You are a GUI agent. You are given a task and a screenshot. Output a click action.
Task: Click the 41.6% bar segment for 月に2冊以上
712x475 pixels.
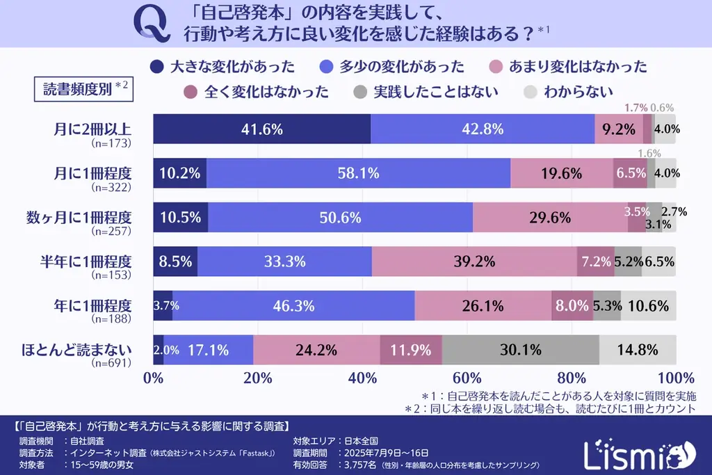click(261, 129)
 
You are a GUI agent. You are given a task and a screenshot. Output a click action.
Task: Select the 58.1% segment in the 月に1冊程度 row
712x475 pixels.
click(358, 173)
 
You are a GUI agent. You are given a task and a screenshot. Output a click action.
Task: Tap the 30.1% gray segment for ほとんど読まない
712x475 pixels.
click(520, 350)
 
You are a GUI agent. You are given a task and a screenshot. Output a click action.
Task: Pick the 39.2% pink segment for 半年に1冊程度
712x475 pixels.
click(474, 261)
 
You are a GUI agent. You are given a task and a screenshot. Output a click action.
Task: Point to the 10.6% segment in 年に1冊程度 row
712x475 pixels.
click(648, 305)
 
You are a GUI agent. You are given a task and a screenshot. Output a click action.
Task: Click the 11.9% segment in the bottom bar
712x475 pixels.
click(411, 350)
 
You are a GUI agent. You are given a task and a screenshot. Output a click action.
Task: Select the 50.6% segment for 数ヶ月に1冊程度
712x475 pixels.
click(340, 217)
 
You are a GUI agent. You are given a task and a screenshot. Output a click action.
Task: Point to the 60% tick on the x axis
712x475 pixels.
click(467, 379)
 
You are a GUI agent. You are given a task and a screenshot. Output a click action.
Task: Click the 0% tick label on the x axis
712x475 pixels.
click(153, 379)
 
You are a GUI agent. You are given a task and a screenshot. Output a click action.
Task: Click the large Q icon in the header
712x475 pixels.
click(151, 25)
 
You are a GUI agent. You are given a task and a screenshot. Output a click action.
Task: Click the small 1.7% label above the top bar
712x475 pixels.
click(636, 108)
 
